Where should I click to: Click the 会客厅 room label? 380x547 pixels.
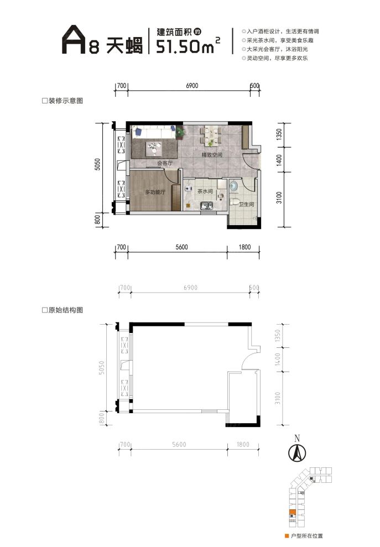(x=165, y=163)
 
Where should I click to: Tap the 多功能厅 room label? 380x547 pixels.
(x=155, y=192)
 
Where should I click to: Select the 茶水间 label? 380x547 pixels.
(x=205, y=191)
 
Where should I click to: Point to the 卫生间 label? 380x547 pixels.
(x=246, y=204)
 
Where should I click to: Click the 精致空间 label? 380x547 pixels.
(x=211, y=155)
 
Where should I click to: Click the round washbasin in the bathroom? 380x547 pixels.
(x=233, y=185)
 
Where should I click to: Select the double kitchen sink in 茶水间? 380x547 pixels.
(x=206, y=207)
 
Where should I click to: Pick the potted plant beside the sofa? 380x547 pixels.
(x=180, y=132)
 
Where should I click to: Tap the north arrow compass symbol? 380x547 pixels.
(x=297, y=452)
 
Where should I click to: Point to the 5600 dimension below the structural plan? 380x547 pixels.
(x=179, y=445)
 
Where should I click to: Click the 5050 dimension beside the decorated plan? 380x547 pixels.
(x=97, y=165)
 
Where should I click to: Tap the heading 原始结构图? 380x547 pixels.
(x=65, y=311)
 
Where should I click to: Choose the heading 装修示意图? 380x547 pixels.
(x=65, y=101)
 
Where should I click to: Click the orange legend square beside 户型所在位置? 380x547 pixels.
(x=285, y=536)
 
